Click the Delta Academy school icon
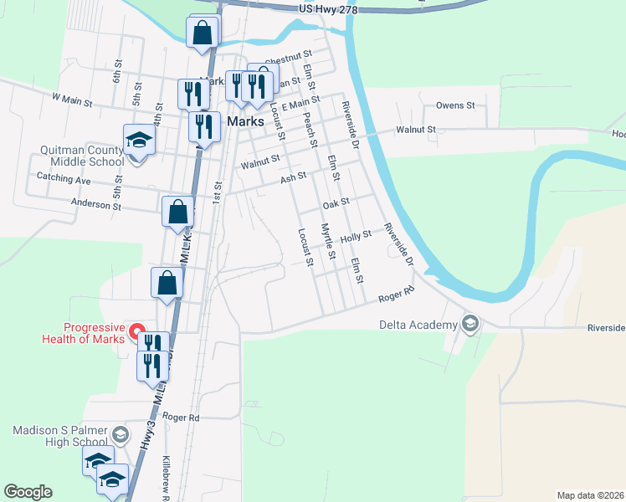pos(470,324)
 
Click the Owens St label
pos(455,106)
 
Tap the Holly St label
pos(355,237)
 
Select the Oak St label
pos(335,202)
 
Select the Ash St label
pos(294,177)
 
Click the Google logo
pos(28,492)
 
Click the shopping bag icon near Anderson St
pos(177,212)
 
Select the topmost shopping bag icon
pos(203,33)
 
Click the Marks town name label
pos(246,121)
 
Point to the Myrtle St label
pos(328,243)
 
